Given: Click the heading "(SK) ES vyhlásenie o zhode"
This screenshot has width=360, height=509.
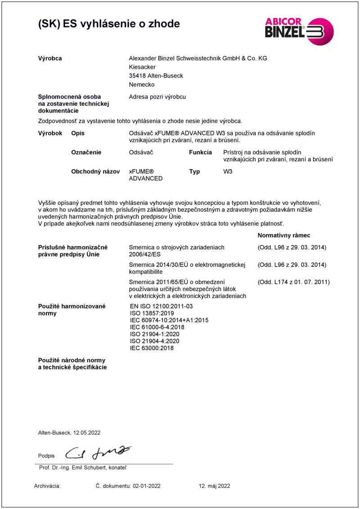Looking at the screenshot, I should click(x=109, y=24).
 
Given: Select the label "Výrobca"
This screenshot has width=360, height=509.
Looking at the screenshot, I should click(x=50, y=58).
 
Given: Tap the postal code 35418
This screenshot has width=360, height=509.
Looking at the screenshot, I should click(x=137, y=76).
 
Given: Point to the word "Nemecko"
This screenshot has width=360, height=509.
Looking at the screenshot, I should click(x=141, y=84).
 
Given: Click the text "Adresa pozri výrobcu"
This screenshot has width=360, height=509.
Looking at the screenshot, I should click(x=157, y=97).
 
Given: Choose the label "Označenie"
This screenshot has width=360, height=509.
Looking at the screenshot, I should click(x=86, y=152).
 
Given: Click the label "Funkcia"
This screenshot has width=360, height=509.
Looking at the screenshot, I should click(x=200, y=152).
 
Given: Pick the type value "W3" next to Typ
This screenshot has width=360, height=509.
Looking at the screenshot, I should click(x=228, y=171).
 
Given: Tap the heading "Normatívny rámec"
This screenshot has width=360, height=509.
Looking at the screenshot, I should click(x=283, y=235).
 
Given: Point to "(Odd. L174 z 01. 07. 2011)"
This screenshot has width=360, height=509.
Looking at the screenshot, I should click(x=293, y=282).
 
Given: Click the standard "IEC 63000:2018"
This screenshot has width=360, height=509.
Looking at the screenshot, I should click(x=152, y=348).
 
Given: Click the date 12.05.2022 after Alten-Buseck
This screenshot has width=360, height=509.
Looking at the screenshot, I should click(x=86, y=432).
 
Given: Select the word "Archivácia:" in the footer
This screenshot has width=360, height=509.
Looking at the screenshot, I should click(x=47, y=486).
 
